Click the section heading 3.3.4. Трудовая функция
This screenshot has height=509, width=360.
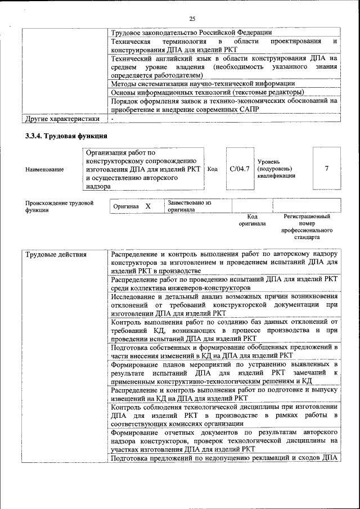point(66,136)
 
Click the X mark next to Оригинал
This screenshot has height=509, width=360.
point(148,206)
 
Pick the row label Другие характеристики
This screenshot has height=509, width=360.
point(61,119)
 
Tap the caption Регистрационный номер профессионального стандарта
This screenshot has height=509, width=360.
point(307,227)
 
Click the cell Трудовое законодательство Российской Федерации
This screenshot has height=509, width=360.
point(191,33)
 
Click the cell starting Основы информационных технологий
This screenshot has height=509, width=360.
point(208,92)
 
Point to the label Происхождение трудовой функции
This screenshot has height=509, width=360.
point(59,206)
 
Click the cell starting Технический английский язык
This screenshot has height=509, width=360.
point(224,66)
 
